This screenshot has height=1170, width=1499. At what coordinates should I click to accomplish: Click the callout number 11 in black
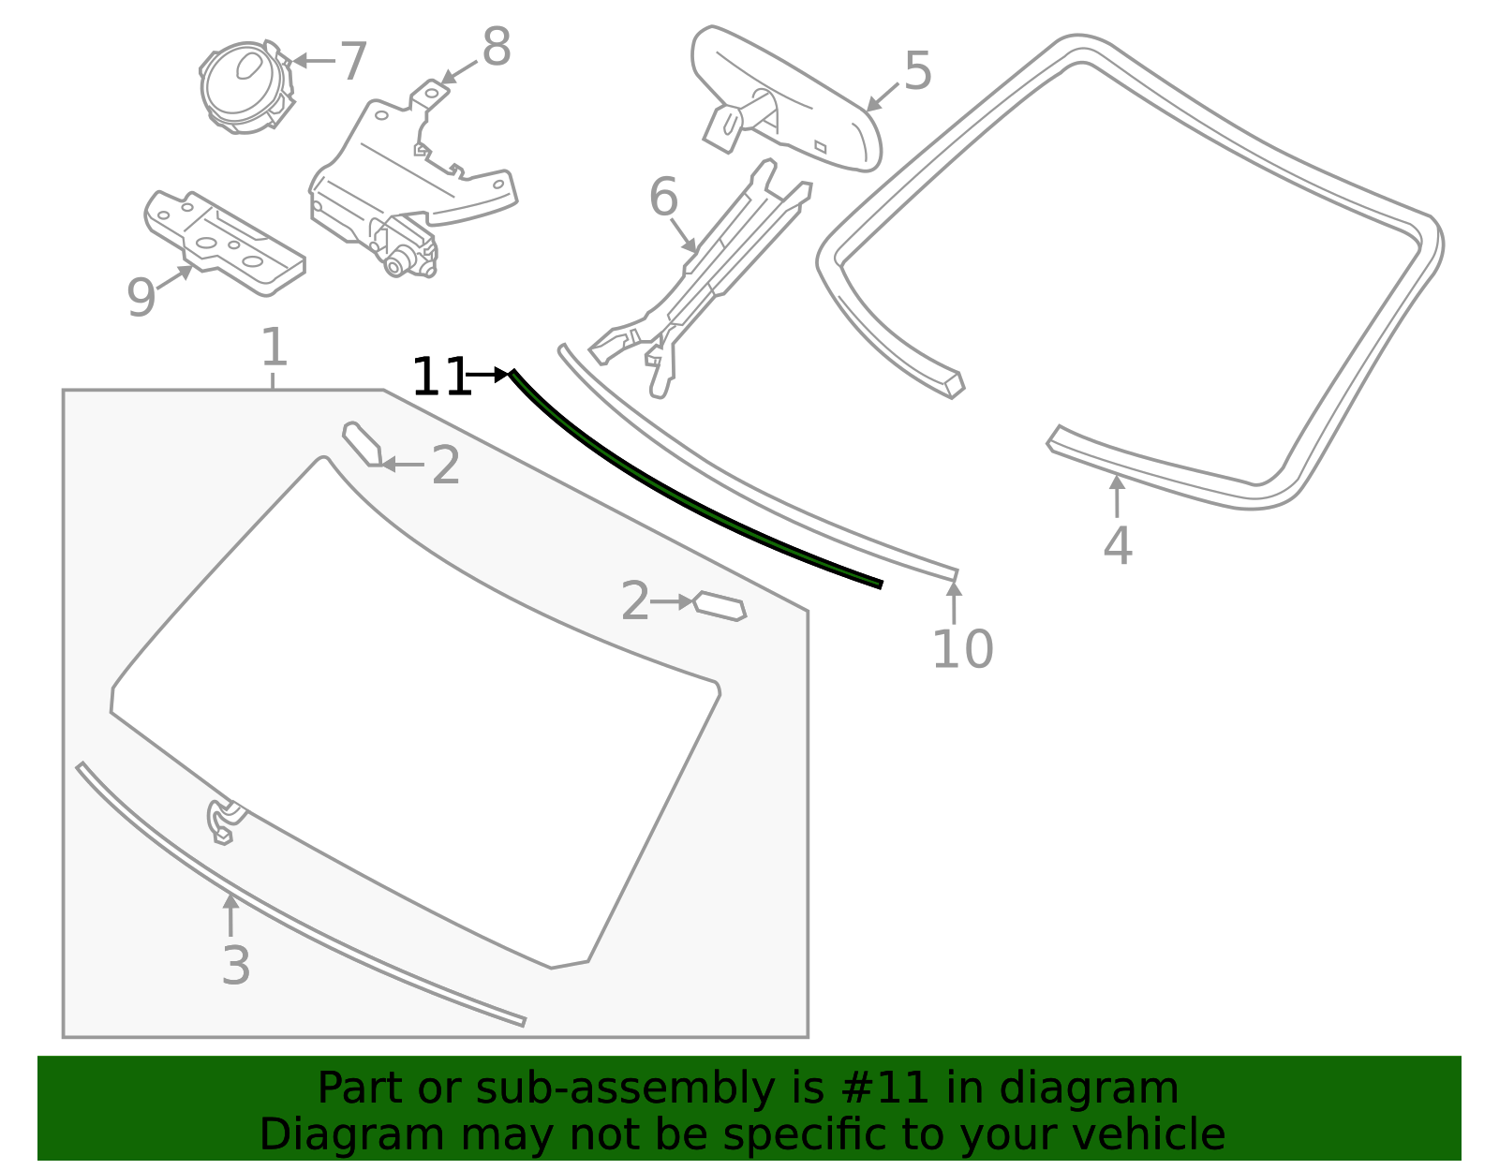click(440, 378)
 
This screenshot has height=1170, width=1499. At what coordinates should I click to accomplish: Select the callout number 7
click(352, 62)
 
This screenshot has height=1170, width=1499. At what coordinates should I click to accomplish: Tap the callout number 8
click(496, 47)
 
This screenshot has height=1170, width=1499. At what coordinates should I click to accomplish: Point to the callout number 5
click(917, 71)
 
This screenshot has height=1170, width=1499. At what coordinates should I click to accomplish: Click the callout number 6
click(663, 199)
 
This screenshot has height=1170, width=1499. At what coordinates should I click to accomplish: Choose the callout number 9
click(141, 298)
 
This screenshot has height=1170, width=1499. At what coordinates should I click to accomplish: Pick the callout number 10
click(962, 649)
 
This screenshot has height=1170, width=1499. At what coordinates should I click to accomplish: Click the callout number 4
click(1117, 546)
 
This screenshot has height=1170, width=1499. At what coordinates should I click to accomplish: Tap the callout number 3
click(236, 966)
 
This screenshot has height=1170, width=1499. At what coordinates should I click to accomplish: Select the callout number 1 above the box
click(273, 348)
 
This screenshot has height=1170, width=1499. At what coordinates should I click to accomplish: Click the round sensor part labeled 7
click(243, 86)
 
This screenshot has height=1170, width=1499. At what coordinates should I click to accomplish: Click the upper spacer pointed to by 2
click(361, 443)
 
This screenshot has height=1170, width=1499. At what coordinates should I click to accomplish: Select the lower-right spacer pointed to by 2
click(720, 606)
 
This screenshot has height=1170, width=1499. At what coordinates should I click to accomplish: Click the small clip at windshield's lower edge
click(222, 821)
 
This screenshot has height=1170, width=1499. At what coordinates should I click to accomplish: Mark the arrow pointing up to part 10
click(954, 601)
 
